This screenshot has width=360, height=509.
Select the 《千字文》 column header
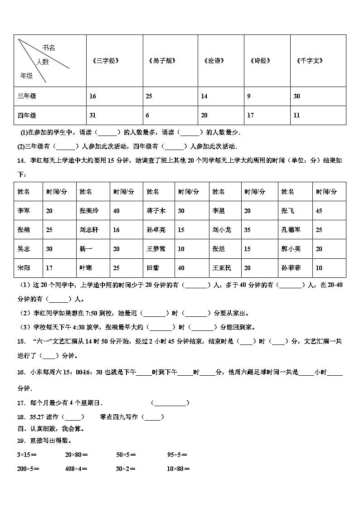[309, 60]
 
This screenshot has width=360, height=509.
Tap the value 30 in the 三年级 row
[297, 96]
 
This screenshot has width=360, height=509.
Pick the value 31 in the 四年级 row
[93, 115]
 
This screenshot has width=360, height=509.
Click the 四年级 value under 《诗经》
[250, 115]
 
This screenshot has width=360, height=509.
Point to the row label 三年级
[27, 96]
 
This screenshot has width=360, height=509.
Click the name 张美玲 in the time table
[88, 211]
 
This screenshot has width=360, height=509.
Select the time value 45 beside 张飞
[319, 211]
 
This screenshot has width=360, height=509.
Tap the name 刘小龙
[222, 230]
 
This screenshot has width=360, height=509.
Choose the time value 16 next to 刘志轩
[117, 230]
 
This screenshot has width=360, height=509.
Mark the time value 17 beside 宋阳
[49, 268]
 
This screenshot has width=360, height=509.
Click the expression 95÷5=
[177, 454]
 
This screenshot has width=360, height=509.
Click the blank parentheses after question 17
[170, 403]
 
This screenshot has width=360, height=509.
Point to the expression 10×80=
[178, 469]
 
